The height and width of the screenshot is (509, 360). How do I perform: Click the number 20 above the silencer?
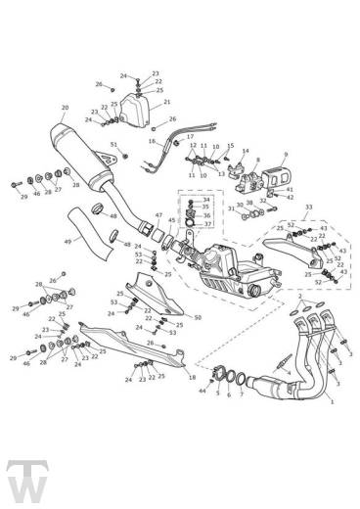pyautogui.click(x=65, y=109)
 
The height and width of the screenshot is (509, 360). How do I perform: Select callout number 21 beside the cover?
pyautogui.click(x=167, y=102)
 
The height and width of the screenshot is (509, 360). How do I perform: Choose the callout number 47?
pyautogui.click(x=158, y=214)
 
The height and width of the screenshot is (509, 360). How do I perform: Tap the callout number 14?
pyautogui.click(x=245, y=152)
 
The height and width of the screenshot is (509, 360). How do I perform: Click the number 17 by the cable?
pyautogui.click(x=190, y=136)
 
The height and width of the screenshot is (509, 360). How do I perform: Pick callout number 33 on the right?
pyautogui.click(x=309, y=208)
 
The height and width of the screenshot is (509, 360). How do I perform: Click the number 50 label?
pyautogui.click(x=198, y=318)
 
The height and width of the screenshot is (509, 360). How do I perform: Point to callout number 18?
pyautogui.click(x=193, y=375)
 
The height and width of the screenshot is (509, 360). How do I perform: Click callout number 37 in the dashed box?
pyautogui.click(x=206, y=223)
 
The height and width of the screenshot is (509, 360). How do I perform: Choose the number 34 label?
pyautogui.click(x=206, y=200)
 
